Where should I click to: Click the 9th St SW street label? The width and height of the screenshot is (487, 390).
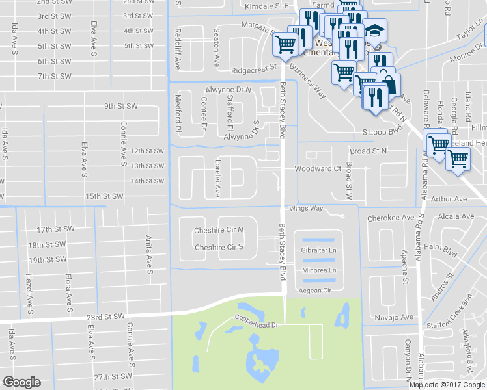122,106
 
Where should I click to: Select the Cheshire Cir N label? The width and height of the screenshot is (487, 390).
219,231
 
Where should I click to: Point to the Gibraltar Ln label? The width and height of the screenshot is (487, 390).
319,250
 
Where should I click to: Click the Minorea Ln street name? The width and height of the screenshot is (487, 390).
319,270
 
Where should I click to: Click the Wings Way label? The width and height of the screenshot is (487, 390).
306,209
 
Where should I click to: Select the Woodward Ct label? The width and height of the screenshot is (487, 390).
318,168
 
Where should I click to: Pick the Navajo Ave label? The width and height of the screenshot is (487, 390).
395,317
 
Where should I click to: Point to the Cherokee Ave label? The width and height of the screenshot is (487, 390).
391,218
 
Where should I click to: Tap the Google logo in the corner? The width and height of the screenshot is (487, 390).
21,382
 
